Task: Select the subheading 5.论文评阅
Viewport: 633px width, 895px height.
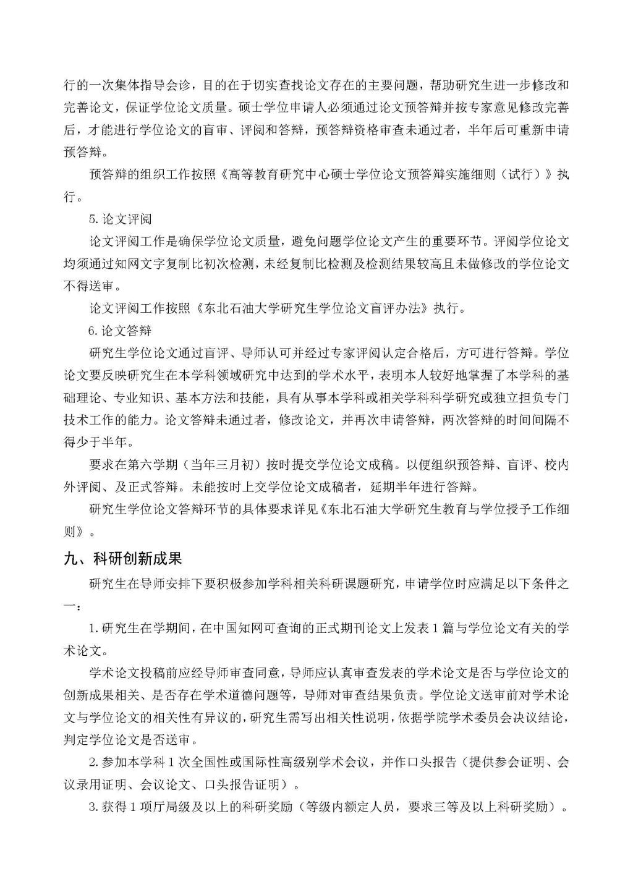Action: [121, 219]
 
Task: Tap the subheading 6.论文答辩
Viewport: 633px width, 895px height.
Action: [121, 331]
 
